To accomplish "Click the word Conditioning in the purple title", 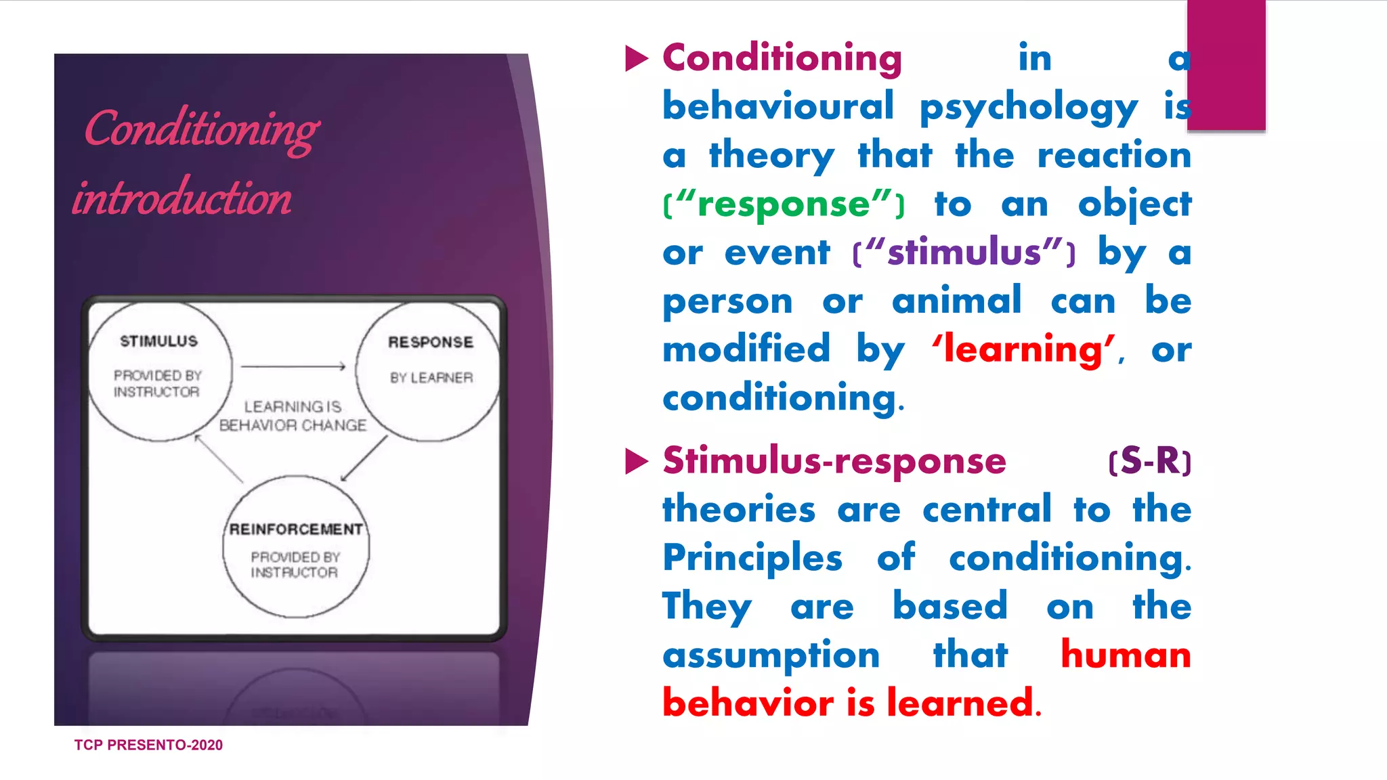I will pyautogui.click(x=202, y=129).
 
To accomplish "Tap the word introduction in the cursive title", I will pyautogui.click(x=182, y=198).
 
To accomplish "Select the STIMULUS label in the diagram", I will pyautogui.click(x=159, y=341).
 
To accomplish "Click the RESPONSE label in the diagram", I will pyautogui.click(x=431, y=343).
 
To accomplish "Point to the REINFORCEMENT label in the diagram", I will pyautogui.click(x=296, y=529).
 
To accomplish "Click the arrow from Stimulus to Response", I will pyautogui.click(x=293, y=367).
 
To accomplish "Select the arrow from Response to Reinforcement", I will pyautogui.click(x=364, y=458).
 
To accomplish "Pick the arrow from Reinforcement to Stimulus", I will pyautogui.click(x=218, y=458).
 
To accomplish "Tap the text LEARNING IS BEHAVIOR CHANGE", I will pyautogui.click(x=293, y=416).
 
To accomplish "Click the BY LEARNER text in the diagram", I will pyautogui.click(x=431, y=378).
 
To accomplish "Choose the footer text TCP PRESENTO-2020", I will pyautogui.click(x=148, y=745).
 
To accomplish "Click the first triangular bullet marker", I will pyautogui.click(x=636, y=59).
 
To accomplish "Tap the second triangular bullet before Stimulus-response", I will pyautogui.click(x=636, y=462).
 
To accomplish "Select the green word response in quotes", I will pyautogui.click(x=784, y=204).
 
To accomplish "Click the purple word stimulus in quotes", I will pyautogui.click(x=964, y=253).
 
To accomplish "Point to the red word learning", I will pyautogui.click(x=1023, y=349).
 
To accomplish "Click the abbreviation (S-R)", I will pyautogui.click(x=1149, y=461).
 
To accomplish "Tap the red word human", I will pyautogui.click(x=1126, y=655).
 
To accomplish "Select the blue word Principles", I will pyautogui.click(x=752, y=559).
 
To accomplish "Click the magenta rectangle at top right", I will pyautogui.click(x=1226, y=65).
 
